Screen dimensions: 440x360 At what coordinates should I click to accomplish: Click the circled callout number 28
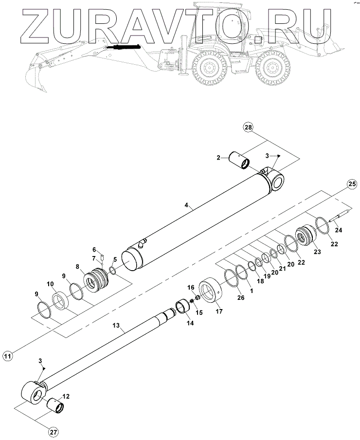[x=249, y=128]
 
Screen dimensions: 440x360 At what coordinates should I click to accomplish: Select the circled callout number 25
[x=352, y=184]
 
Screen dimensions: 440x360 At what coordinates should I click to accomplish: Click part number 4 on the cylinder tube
[x=187, y=206]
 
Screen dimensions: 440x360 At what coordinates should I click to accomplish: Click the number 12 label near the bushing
[x=66, y=396]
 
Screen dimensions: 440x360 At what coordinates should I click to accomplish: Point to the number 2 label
[x=219, y=157]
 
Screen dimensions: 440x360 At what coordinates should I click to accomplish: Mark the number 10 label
[x=50, y=284]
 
